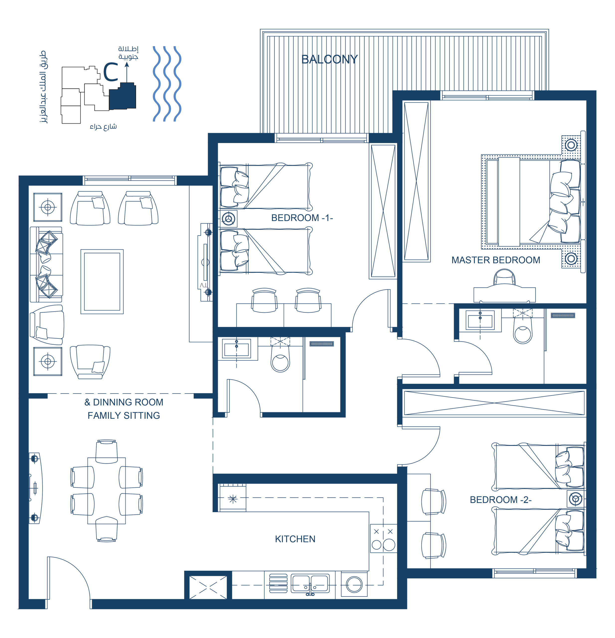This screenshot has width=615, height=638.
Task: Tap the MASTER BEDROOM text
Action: pos(496,260)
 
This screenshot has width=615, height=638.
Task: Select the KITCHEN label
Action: pos(295,539)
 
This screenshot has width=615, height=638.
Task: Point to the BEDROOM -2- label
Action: pos(500,500)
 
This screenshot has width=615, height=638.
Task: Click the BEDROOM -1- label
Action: pos(302,218)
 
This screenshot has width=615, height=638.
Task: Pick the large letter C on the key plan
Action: pos(111,72)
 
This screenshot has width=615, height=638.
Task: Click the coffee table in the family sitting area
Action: pos(102,282)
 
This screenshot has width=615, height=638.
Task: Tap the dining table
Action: pos(106,490)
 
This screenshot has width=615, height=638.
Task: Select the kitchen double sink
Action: pos(310,583)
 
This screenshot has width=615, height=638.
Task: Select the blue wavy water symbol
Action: pos(167,84)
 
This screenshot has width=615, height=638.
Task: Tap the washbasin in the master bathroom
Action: pos(480,320)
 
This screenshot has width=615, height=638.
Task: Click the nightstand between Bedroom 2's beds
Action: pos(575,499)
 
